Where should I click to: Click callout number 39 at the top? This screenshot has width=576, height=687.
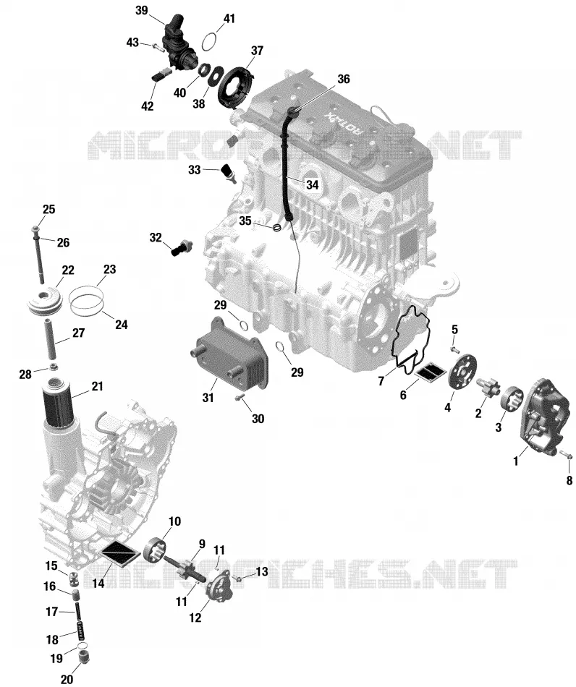coord(142,10)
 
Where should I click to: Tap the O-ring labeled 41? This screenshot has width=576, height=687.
coord(210,42)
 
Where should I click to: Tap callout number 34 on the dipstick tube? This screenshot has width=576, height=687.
coord(312,184)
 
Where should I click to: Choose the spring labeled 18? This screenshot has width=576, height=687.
coord(80,630)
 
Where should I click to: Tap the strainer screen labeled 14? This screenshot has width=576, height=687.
coord(119,554)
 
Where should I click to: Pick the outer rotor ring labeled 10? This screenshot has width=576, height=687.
coord(155,550)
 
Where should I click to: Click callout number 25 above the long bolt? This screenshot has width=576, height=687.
coord(48,210)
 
